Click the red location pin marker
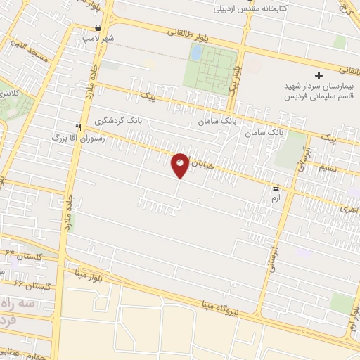point(180,165)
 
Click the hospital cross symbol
point(319,75)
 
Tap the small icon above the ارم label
point(276,188)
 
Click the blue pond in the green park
point(196,52)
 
